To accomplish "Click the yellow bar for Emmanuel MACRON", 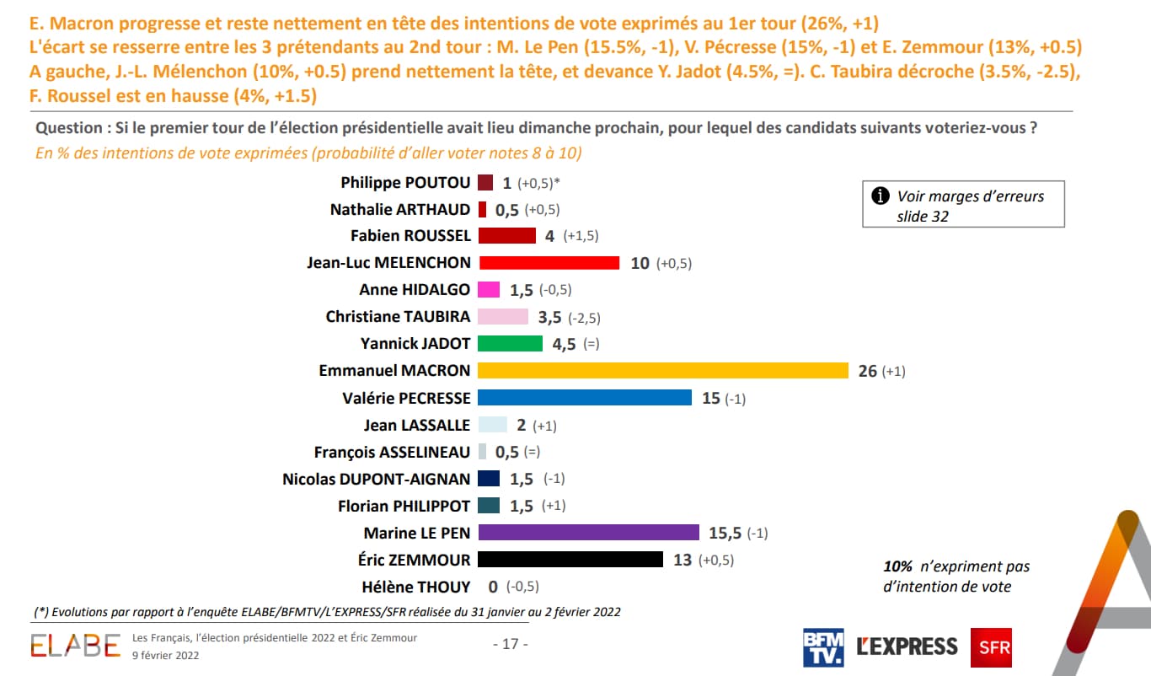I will click(662, 371).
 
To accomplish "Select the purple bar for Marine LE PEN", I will click(588, 533).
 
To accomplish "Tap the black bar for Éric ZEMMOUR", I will click(570, 560).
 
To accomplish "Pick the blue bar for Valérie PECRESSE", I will click(584, 398).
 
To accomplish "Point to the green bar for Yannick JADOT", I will click(510, 344).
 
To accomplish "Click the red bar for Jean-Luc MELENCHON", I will click(548, 263).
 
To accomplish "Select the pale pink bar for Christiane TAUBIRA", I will click(502, 317).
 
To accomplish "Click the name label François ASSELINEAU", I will click(393, 452).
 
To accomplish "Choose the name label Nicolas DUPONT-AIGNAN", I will click(377, 479).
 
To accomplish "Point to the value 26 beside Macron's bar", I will click(867, 371).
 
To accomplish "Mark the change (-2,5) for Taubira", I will click(584, 318).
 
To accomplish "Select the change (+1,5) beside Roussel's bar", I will click(581, 237).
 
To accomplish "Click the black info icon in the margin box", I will click(881, 196).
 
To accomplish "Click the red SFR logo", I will click(991, 647).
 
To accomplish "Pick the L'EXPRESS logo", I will click(907, 647).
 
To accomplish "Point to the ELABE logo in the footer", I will click(76, 646).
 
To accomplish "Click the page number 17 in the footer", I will click(510, 644).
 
